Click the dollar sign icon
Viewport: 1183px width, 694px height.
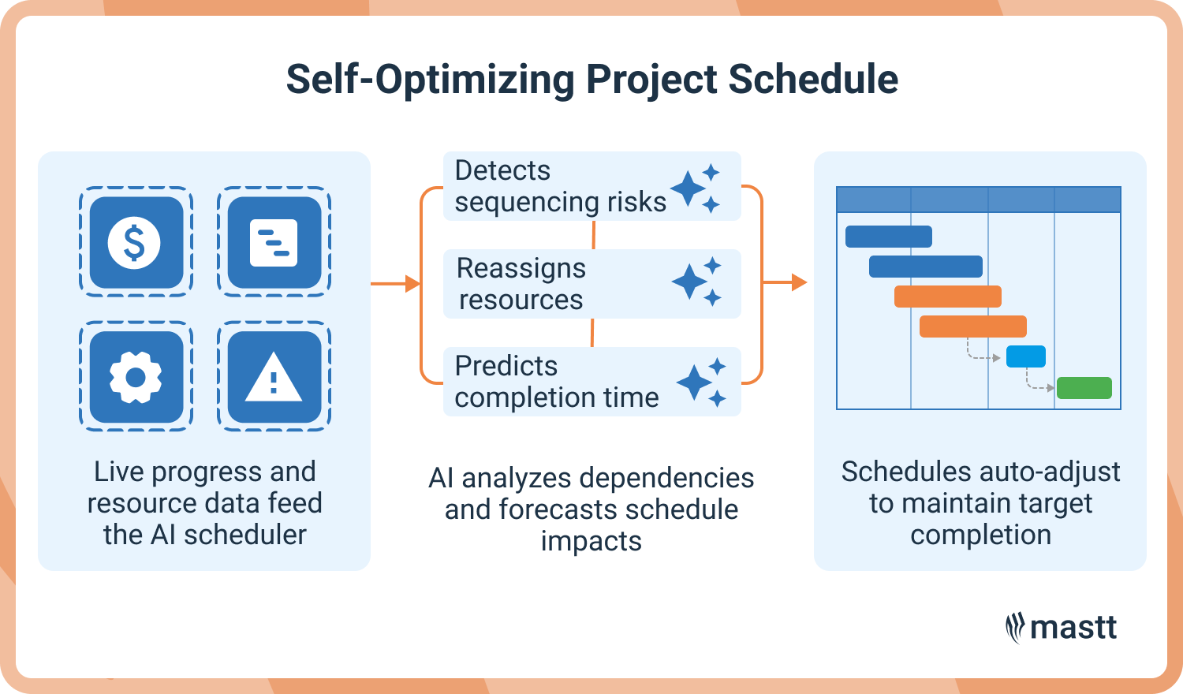136,242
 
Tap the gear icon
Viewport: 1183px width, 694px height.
136,378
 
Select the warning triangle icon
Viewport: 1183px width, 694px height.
274,378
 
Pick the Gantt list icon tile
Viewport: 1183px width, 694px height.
274,242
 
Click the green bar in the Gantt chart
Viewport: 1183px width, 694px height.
1084,388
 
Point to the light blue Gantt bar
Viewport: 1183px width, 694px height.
1025,356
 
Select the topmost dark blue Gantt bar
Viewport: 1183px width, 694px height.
888,237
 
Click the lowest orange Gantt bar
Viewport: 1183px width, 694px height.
972,326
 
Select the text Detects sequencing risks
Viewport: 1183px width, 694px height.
560,186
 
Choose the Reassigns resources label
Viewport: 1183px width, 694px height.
521,284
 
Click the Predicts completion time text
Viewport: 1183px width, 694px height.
556,382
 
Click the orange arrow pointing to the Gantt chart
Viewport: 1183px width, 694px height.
785,282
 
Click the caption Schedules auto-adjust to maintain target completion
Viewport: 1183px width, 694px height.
980,502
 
